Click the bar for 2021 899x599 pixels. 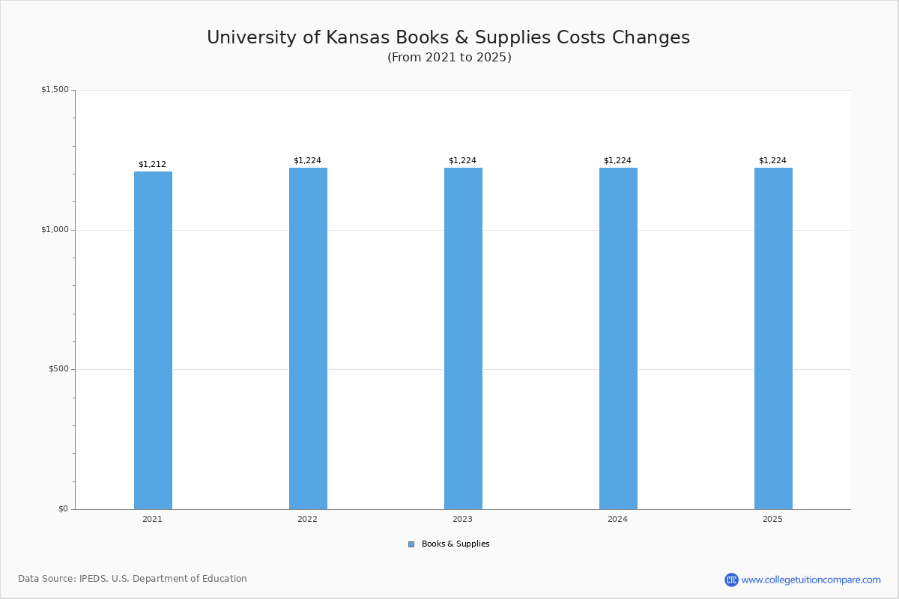tap(153, 340)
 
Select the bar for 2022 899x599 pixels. tap(308, 338)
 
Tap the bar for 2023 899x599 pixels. tap(463, 338)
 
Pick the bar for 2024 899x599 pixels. tap(618, 338)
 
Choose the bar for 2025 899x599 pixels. tap(773, 338)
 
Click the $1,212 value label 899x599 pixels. tap(152, 165)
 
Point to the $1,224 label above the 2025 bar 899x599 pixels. tap(772, 161)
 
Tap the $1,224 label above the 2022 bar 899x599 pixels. tap(307, 161)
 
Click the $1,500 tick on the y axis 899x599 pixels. tap(55, 90)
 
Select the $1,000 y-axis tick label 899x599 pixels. tap(55, 230)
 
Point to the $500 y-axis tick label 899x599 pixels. tap(58, 369)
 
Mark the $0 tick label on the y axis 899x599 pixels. tap(63, 509)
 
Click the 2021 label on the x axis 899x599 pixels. tap(152, 520)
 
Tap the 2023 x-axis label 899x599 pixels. tap(462, 520)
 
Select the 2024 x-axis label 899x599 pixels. tap(617, 520)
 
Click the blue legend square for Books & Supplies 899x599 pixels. tap(411, 544)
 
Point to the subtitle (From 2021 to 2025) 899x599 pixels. tap(449, 58)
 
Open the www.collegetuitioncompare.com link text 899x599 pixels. tap(811, 580)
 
